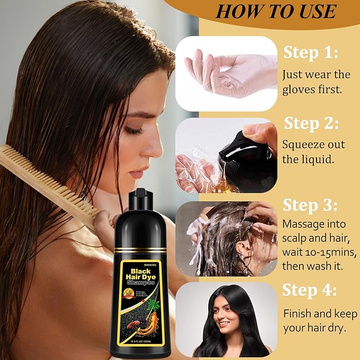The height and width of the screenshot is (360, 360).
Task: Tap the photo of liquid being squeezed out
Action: click(226, 155)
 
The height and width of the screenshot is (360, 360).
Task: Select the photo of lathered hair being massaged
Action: click(226, 239)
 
